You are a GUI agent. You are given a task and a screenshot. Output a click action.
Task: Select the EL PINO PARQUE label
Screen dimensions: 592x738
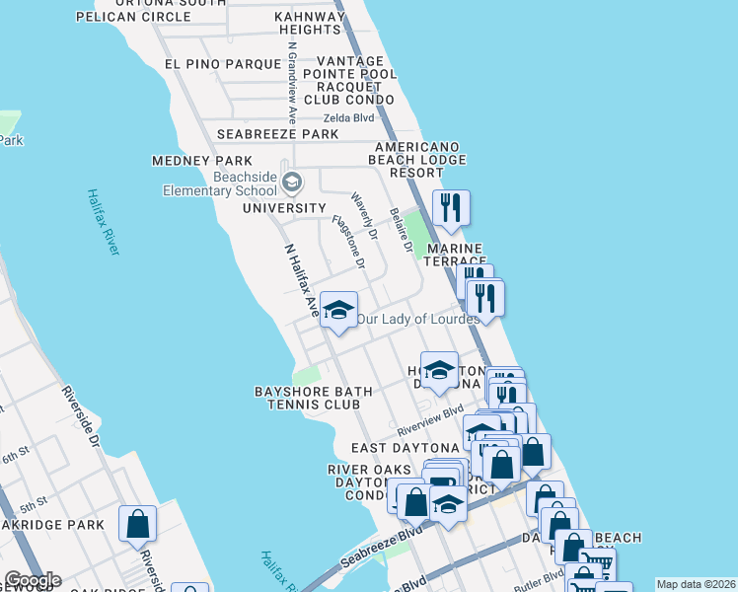pos(223,64)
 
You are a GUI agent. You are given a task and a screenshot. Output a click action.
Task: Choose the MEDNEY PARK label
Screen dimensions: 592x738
pos(202,161)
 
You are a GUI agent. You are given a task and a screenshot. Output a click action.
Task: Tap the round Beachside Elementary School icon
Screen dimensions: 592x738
pos(291,182)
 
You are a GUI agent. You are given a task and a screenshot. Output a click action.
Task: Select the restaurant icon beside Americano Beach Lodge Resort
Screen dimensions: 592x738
pos(450,207)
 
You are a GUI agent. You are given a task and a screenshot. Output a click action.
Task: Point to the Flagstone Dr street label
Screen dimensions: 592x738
pos(348,243)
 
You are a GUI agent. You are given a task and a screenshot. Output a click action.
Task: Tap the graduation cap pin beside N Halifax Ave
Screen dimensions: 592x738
pos(337,312)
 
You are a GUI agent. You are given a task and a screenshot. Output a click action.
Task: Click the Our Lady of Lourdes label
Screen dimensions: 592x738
pos(417,319)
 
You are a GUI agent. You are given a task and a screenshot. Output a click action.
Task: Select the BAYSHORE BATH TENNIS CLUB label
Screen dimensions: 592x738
pos(314,399)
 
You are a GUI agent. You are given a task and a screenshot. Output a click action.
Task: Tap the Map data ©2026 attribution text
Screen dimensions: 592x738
pos(696,584)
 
